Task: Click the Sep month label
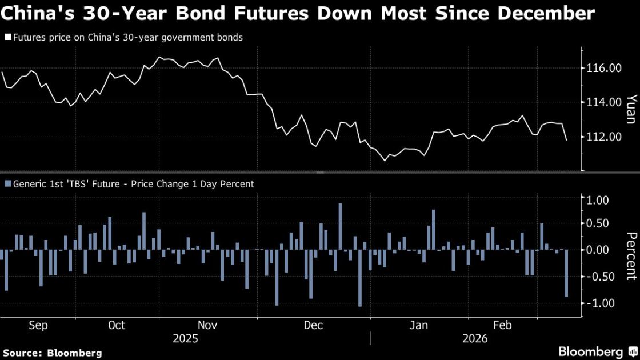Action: point(38,325)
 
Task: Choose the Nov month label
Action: point(207,325)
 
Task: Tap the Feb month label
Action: point(502,325)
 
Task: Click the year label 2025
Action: point(185,339)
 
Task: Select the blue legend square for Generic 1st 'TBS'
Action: point(7,184)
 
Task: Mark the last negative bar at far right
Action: point(566,273)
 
